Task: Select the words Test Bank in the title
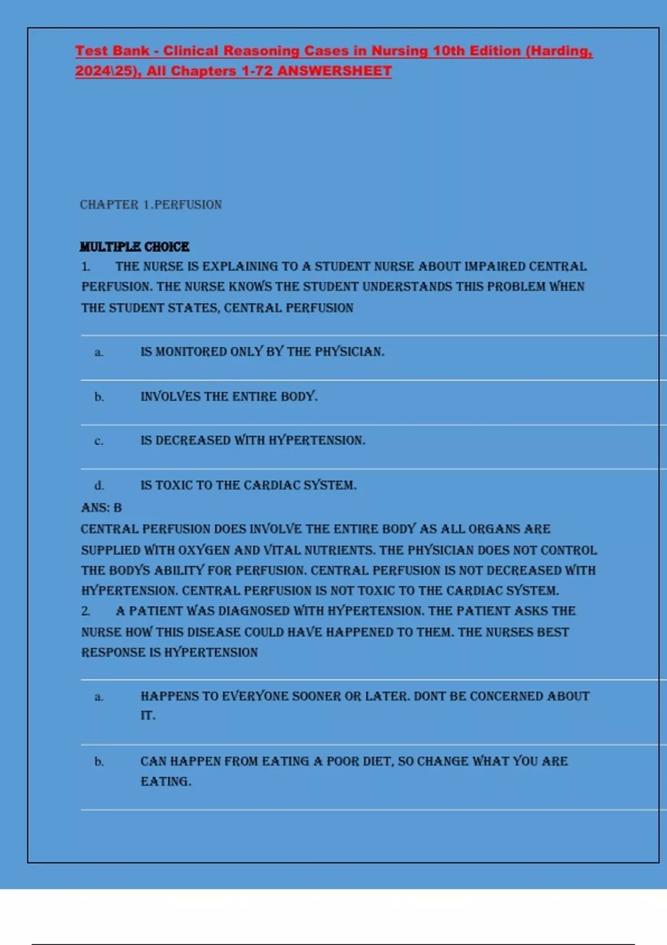pyautogui.click(x=112, y=51)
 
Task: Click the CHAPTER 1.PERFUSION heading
pyautogui.click(x=151, y=205)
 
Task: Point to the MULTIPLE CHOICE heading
pyautogui.click(x=135, y=247)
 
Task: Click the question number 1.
pyautogui.click(x=86, y=267)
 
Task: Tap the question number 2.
pyautogui.click(x=86, y=611)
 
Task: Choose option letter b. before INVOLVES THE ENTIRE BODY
pyautogui.click(x=99, y=397)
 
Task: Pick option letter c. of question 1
pyautogui.click(x=99, y=441)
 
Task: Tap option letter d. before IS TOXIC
pyautogui.click(x=99, y=485)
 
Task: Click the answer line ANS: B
pyautogui.click(x=101, y=508)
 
